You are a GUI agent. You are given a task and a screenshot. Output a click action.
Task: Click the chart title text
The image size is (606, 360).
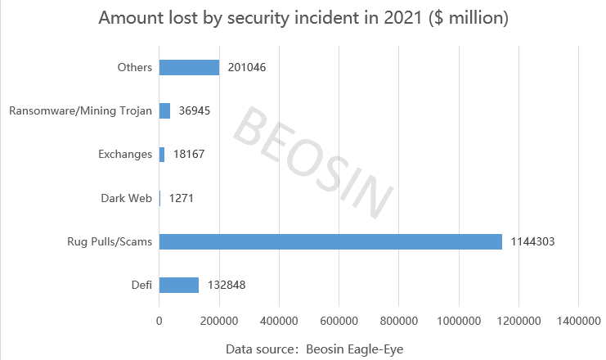point(303,18)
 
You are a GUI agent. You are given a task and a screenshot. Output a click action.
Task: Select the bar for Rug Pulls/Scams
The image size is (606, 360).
point(330,241)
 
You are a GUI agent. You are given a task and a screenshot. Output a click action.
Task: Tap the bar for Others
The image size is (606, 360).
point(189,67)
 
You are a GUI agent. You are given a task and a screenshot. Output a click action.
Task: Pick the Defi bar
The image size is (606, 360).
point(179,285)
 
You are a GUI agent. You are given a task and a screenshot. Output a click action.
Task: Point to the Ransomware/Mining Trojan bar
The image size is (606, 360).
point(164,110)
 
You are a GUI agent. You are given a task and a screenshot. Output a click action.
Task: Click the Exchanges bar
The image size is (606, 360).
point(162,154)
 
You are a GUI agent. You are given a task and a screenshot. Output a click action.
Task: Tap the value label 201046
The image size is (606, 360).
point(247,67)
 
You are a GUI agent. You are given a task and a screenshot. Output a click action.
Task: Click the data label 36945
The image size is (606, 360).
point(194,110)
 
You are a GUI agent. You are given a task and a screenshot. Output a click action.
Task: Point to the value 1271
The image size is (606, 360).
point(181,198)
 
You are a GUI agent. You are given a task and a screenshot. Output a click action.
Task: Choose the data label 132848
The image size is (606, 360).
point(227,285)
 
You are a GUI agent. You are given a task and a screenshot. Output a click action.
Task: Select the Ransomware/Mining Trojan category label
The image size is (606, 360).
point(80,110)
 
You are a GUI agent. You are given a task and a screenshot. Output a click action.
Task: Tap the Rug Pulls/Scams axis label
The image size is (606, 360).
point(110,241)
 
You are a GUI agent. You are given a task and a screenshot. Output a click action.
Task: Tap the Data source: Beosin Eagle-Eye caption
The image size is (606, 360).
point(315,349)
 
